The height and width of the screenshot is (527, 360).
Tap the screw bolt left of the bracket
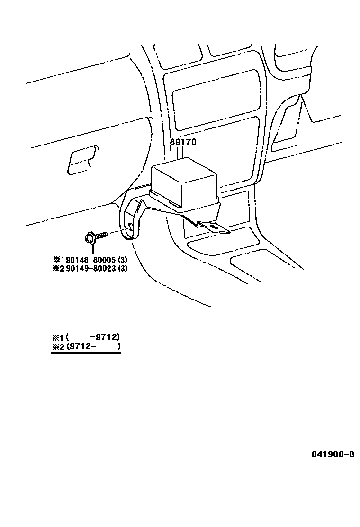click(92, 237)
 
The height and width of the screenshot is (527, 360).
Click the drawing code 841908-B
click(333, 454)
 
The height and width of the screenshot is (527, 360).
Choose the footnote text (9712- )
click(93, 346)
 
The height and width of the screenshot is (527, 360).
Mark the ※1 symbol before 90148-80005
click(58, 260)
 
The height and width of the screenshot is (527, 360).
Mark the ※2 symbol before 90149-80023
click(58, 269)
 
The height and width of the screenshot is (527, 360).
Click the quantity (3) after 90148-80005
click(123, 260)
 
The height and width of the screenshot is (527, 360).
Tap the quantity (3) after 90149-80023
click(123, 269)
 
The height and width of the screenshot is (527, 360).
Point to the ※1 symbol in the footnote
click(57, 338)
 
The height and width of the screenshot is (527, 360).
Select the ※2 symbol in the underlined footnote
click(57, 347)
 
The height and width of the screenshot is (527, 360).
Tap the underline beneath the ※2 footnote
click(86, 353)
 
